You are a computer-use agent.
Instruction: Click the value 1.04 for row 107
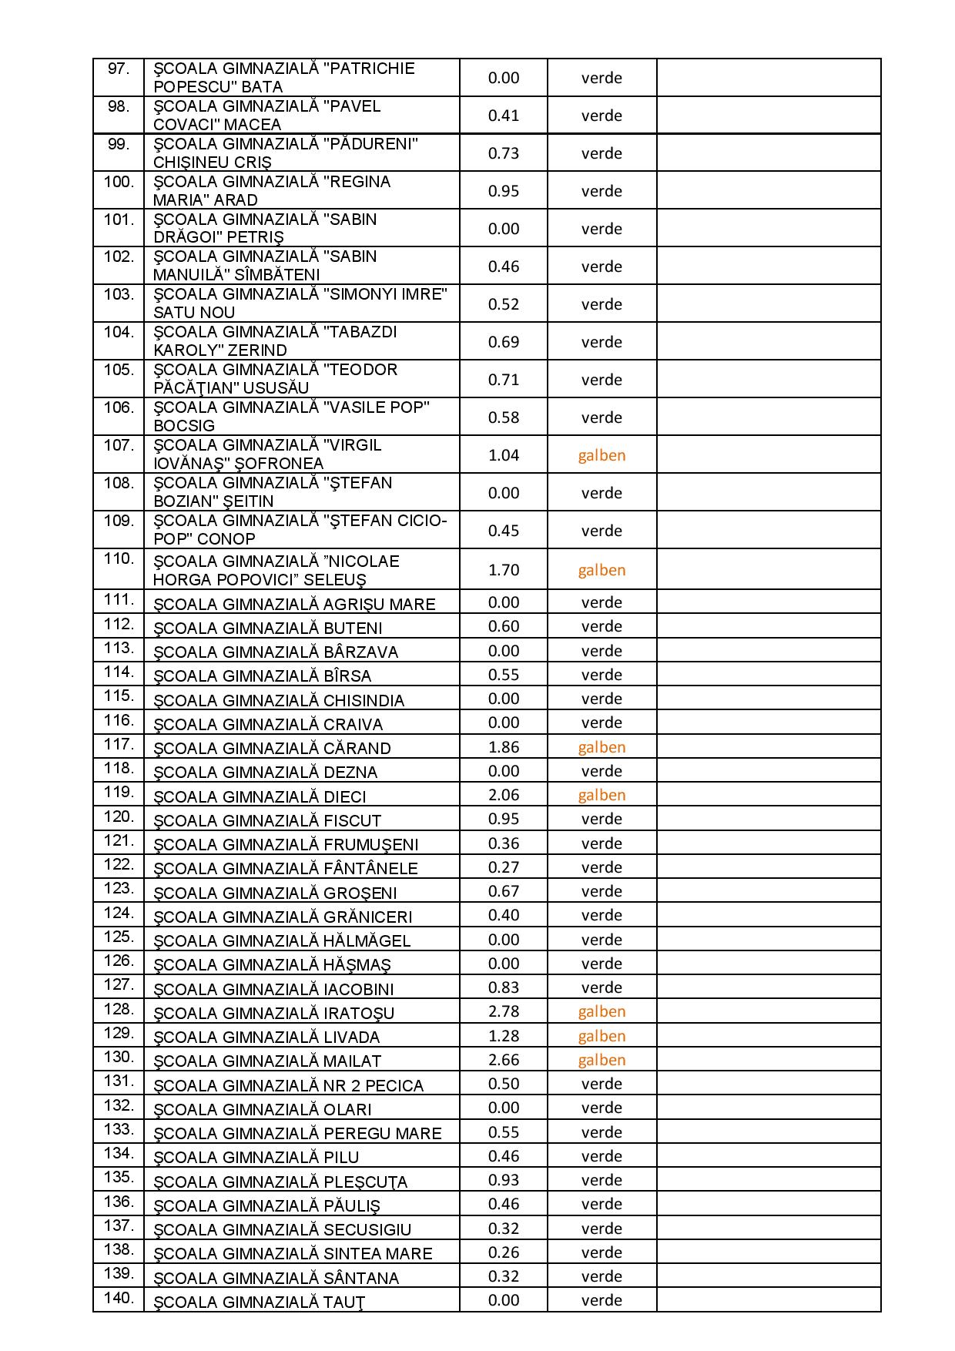[x=504, y=455]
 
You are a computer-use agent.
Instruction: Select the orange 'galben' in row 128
[x=601, y=1011]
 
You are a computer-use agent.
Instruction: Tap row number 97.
[x=119, y=69]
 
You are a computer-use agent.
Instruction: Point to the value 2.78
[x=504, y=1011]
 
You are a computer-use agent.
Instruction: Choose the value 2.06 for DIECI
[x=504, y=795]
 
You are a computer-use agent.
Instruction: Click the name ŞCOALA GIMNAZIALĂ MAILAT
[x=267, y=1061]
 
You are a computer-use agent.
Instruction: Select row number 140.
[x=119, y=1299]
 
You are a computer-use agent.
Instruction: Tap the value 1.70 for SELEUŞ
[x=504, y=570]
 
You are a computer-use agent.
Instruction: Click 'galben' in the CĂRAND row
[x=601, y=747]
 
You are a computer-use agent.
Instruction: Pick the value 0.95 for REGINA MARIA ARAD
[x=504, y=191]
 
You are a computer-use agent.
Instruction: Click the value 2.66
[x=504, y=1060]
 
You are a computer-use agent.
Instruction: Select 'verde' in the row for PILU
[x=601, y=1156]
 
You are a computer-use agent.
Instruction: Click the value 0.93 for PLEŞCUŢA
[x=504, y=1180]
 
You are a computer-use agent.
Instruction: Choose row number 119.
[x=119, y=792]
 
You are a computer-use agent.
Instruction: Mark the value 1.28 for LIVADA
[x=504, y=1036]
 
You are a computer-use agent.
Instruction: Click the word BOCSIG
[x=184, y=426]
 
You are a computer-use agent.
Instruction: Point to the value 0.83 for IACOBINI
[x=504, y=987]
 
